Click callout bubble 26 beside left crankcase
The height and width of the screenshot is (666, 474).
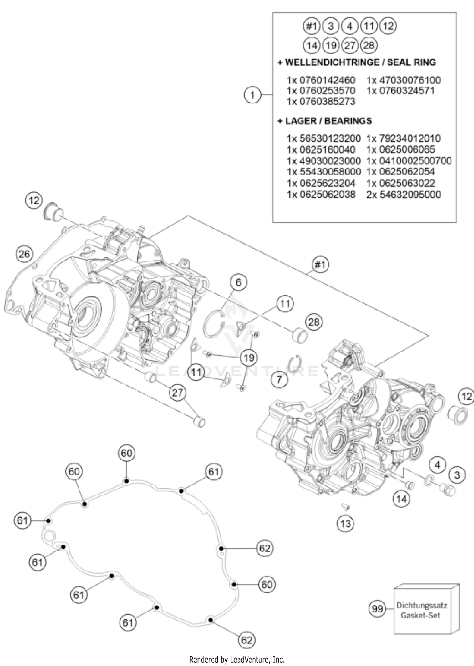(24, 254)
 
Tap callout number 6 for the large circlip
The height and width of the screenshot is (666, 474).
(238, 282)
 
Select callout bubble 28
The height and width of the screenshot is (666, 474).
(314, 322)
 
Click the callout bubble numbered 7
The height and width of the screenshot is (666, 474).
(279, 379)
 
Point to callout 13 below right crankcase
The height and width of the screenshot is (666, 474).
(345, 524)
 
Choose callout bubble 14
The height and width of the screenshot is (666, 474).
(401, 499)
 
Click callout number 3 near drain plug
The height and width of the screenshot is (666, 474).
(457, 475)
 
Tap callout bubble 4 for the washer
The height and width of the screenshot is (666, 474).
(437, 465)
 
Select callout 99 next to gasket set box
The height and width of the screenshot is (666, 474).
(377, 608)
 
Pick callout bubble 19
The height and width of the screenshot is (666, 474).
(249, 358)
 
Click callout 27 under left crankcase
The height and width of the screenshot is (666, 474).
(178, 393)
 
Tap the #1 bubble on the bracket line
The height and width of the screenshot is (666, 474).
(320, 264)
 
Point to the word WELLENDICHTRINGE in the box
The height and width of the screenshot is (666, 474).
(331, 62)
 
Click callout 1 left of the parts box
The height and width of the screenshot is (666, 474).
(252, 94)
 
